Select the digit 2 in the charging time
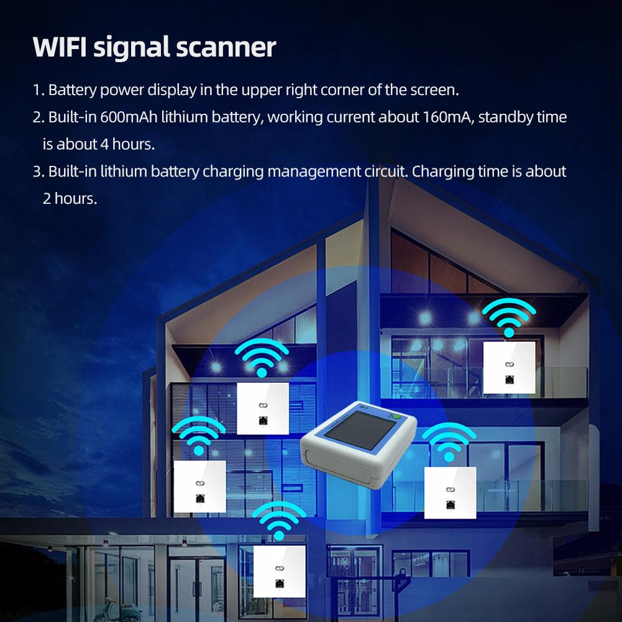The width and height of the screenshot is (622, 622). [x=47, y=199]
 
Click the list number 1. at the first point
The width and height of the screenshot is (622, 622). [x=39, y=90]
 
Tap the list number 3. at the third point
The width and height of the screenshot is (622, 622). [x=39, y=172]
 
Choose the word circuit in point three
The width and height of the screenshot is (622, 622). [x=385, y=172]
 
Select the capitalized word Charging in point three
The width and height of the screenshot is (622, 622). [x=442, y=172]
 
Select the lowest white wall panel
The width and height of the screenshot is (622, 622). [x=279, y=570]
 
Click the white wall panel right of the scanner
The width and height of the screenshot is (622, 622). [x=450, y=493]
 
